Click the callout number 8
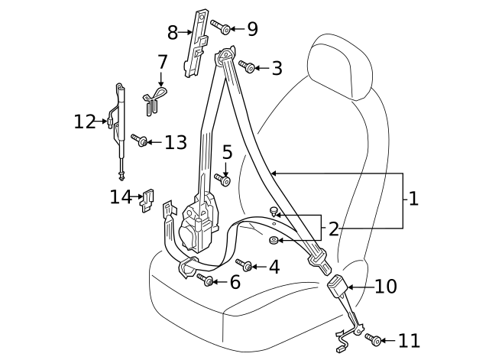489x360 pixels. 173,32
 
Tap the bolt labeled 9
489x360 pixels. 219,28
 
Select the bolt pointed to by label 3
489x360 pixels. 248,67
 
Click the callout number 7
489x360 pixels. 162,61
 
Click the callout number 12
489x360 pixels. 84,122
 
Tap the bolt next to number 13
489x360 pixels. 139,141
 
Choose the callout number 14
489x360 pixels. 121,197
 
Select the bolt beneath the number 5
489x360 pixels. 224,181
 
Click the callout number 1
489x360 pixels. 413,199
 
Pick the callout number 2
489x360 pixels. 333,228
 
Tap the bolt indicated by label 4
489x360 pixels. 246,265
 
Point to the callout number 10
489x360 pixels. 386,287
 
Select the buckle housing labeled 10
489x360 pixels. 337,289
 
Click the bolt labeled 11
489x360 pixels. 373,339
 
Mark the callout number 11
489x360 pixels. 409,340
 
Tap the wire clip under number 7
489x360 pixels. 155,97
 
